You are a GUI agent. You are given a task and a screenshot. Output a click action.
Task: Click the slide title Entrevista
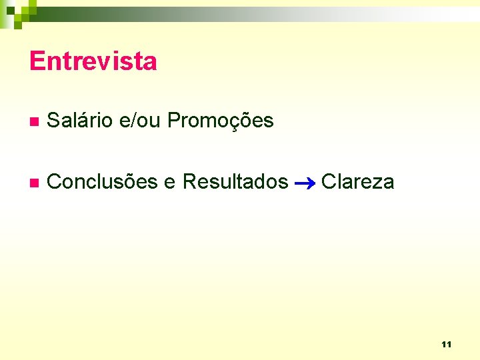click(x=93, y=61)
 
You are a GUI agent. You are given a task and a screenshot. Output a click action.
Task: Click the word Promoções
click(x=221, y=121)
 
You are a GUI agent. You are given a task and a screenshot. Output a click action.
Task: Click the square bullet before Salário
click(x=33, y=122)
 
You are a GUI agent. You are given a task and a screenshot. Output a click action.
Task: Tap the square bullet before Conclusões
click(x=33, y=182)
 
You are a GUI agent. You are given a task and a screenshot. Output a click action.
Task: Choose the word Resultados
click(x=235, y=181)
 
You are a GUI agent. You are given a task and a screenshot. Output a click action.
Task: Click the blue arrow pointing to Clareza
click(x=305, y=182)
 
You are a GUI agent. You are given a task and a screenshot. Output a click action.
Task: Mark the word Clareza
click(x=358, y=181)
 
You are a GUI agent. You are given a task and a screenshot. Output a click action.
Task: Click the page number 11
click(x=446, y=345)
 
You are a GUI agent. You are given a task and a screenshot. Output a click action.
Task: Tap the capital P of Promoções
click(x=174, y=121)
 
